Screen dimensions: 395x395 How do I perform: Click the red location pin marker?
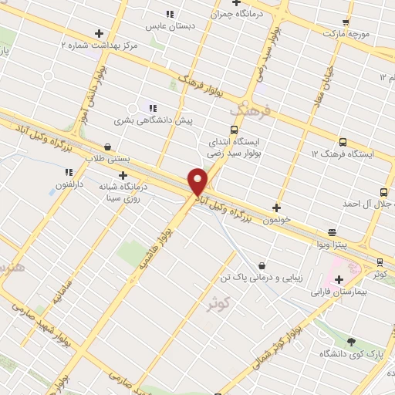(x=197, y=181)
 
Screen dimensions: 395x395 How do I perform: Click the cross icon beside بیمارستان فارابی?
(x=339, y=279)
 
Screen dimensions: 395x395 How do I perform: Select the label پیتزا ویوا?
(x=332, y=245)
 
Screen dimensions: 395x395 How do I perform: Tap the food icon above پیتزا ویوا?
(x=332, y=231)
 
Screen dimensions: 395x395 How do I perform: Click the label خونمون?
(x=276, y=220)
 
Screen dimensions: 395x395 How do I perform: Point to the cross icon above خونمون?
(x=276, y=207)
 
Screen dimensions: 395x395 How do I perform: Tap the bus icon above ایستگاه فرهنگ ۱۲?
(x=343, y=142)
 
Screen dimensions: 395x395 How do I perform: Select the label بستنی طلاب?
(x=106, y=159)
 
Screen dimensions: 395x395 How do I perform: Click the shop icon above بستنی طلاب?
(x=106, y=146)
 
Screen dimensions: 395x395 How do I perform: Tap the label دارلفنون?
(x=68, y=185)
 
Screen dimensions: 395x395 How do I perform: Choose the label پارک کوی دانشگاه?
(x=351, y=354)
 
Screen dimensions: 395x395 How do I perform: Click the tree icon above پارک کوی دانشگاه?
(x=352, y=341)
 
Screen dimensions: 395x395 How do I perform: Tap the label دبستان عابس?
(x=173, y=26)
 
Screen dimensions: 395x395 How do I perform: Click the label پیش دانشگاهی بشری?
(x=154, y=120)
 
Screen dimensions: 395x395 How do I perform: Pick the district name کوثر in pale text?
(x=218, y=302)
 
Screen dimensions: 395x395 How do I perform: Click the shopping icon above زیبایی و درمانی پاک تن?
(x=262, y=265)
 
